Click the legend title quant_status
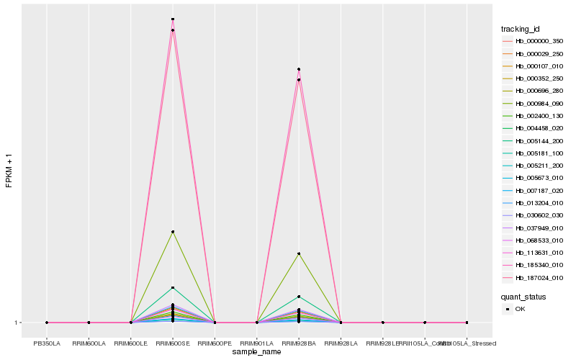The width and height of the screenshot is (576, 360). [523, 297]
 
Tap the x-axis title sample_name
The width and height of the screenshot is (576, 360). [257, 352]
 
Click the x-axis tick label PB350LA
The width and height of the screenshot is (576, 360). [47, 343]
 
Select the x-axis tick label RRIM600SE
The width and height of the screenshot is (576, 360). [173, 343]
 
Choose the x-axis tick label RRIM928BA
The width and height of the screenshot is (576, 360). [299, 343]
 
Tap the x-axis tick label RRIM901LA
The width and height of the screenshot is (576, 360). [256, 343]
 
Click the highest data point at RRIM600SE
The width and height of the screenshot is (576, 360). [173, 19]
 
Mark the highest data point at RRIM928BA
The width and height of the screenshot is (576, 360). [299, 69]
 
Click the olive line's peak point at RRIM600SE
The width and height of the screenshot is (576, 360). [173, 232]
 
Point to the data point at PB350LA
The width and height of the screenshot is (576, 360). [47, 323]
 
